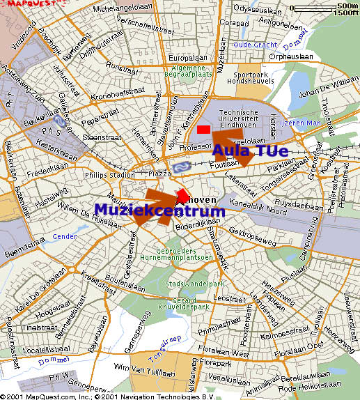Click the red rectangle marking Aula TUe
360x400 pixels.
tap(203, 130)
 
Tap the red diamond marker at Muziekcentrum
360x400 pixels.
tap(182, 193)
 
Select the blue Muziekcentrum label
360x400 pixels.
tap(159, 210)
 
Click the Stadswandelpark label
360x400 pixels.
tap(188, 284)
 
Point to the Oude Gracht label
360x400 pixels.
tap(256, 45)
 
